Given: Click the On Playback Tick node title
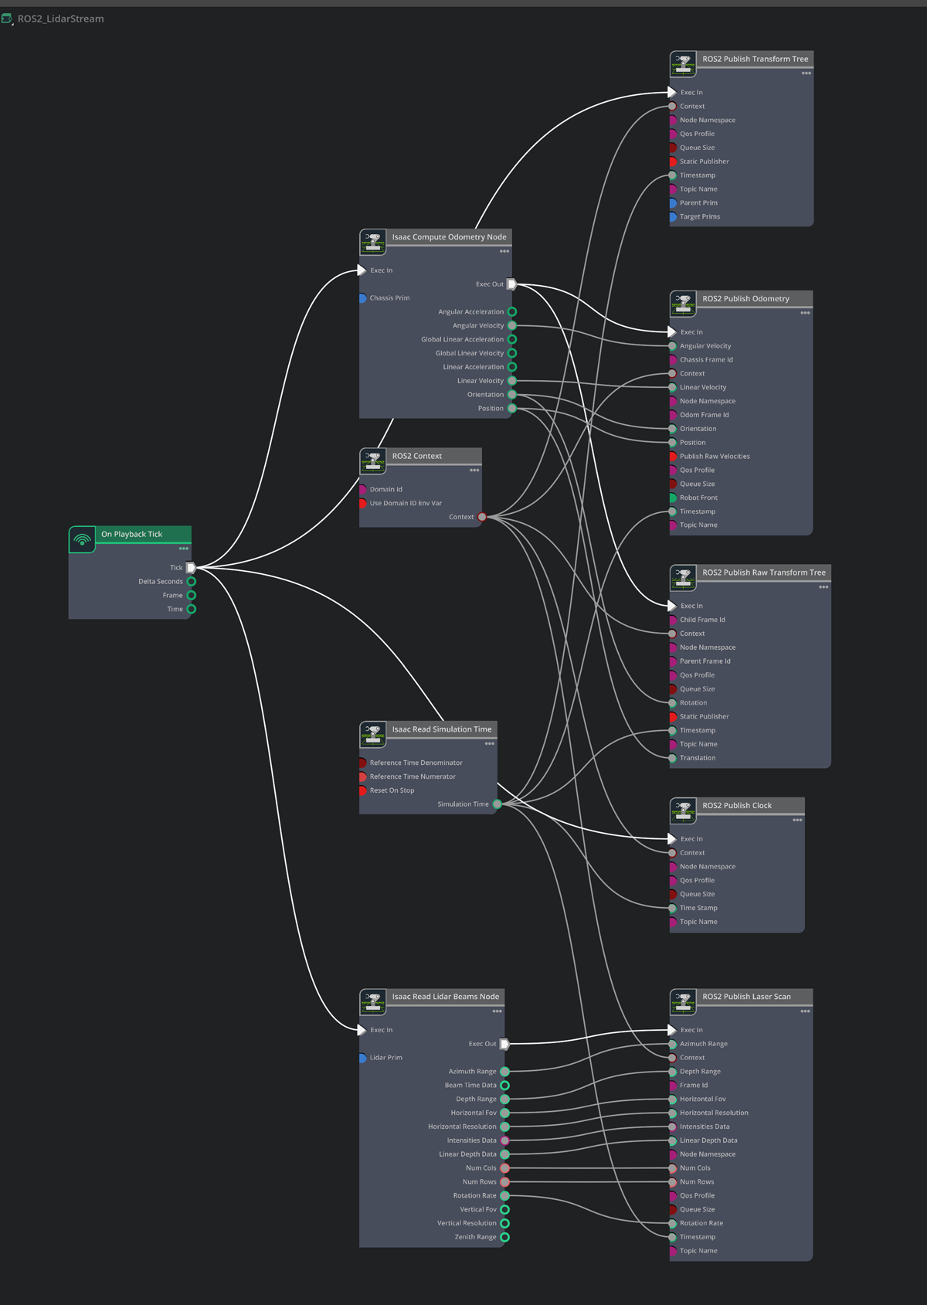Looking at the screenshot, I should pos(132,534).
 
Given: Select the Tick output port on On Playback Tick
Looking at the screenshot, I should pos(191,567).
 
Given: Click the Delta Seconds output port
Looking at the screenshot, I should pos(191,581).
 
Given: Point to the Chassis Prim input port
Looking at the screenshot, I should pos(362,297).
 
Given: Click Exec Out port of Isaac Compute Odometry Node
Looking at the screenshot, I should pos(511,284).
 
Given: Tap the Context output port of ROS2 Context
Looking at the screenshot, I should pos(482,517).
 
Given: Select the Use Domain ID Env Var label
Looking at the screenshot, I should pos(406,503).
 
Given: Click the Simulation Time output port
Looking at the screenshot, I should pos(497,804).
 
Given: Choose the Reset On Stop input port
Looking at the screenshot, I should pos(362,790).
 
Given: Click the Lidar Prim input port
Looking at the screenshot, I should pos(362,1058).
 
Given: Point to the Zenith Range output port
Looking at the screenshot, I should pos(504,1237).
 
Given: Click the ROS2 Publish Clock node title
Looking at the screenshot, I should pos(736,805).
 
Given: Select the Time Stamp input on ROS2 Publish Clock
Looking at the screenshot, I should pos(673,908).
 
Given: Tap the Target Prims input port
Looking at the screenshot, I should pos(673,216).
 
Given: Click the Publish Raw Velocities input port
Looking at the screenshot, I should pos(673,456).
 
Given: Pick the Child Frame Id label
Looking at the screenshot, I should pos(702,620).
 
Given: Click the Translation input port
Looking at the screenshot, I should pos(673,758).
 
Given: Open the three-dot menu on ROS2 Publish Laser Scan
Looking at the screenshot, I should pos(805,1011).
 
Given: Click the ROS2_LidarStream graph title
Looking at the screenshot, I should pos(60,19).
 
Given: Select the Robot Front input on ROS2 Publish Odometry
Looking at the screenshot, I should pos(673,498).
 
